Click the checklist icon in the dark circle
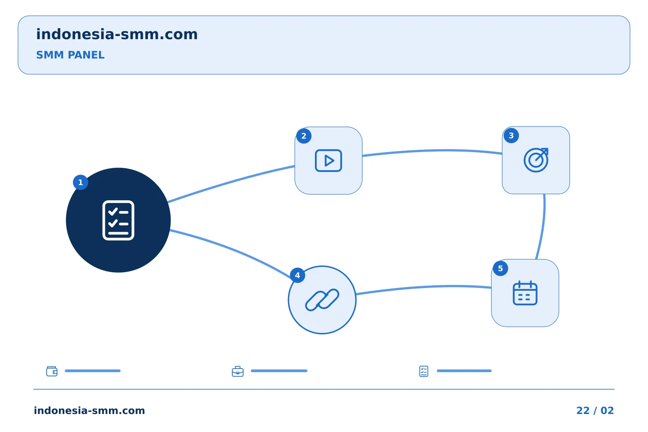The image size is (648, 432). pos(118,220)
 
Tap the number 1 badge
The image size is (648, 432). pos(81,182)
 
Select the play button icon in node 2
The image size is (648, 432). pos(328,161)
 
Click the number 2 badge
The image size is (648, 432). pos(304,136)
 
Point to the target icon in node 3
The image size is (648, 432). pos(536,160)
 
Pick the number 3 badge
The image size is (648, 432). pos(511,135)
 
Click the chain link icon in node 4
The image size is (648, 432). pos(322,300)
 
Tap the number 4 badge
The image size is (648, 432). pos(297,275)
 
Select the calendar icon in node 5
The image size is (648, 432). pos(525,293)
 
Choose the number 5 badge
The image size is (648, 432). pos(500,269)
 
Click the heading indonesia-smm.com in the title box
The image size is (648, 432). pos(117,34)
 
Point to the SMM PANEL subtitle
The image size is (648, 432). pos(70,55)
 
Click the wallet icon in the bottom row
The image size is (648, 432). pos(52,371)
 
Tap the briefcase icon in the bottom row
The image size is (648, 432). pos(238,371)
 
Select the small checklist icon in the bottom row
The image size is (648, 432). pos(424,371)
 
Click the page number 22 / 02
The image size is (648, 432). pos(595,410)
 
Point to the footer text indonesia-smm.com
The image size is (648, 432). pos(90,410)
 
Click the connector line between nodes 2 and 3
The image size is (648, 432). pos(432,151)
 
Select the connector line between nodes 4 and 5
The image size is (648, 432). pos(423,287)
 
